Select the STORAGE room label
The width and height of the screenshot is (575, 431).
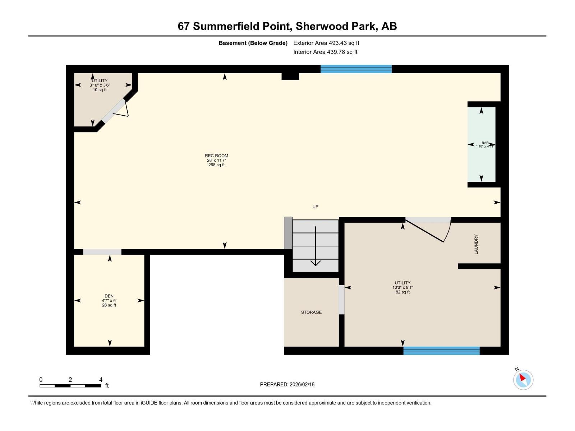[311, 312]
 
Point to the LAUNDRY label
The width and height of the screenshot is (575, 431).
[476, 244]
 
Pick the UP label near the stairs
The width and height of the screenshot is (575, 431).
[315, 207]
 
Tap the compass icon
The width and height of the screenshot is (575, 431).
[523, 379]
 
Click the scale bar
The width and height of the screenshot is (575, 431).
[70, 386]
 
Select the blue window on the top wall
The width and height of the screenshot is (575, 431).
[356, 69]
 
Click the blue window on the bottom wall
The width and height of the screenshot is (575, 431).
[441, 351]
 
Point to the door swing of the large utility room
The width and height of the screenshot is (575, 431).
[428, 230]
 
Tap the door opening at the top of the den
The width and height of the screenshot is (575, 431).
[102, 252]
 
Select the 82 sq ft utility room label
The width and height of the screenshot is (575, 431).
[402, 287]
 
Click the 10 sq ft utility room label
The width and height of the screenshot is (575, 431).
[100, 85]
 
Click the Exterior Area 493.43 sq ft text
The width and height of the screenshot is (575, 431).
[326, 43]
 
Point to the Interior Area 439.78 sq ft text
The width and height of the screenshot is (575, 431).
[325, 52]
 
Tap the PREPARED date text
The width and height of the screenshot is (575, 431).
[287, 384]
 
